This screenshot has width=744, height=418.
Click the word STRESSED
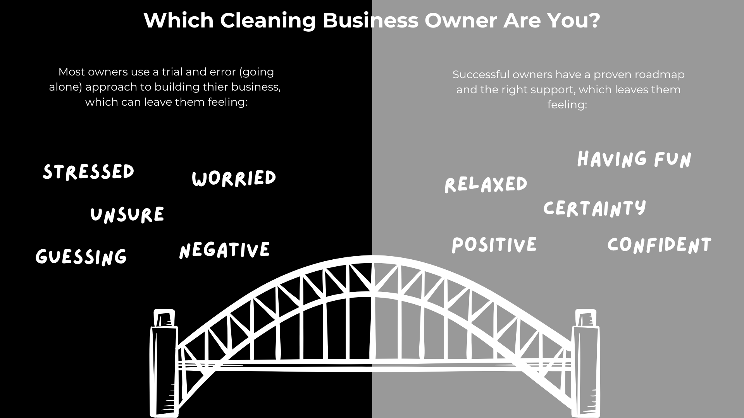pos(88,172)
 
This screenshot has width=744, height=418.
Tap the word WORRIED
pos(234,178)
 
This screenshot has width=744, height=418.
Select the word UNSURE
pos(127,215)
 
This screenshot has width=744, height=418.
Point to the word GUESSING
pos(81,257)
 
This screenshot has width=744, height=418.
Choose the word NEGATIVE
pos(225,250)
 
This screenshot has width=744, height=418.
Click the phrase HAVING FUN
pos(634,159)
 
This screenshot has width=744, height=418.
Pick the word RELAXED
pos(486,185)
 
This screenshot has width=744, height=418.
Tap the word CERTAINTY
pos(595,208)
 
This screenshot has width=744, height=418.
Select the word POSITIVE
pos(494,245)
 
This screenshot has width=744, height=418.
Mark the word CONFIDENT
pos(660,245)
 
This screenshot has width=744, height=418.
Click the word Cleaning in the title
pos(268,21)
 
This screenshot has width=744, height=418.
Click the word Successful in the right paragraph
pos(480,75)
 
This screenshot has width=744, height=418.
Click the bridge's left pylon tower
pos(164,364)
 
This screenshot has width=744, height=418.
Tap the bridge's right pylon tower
pos(586,364)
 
